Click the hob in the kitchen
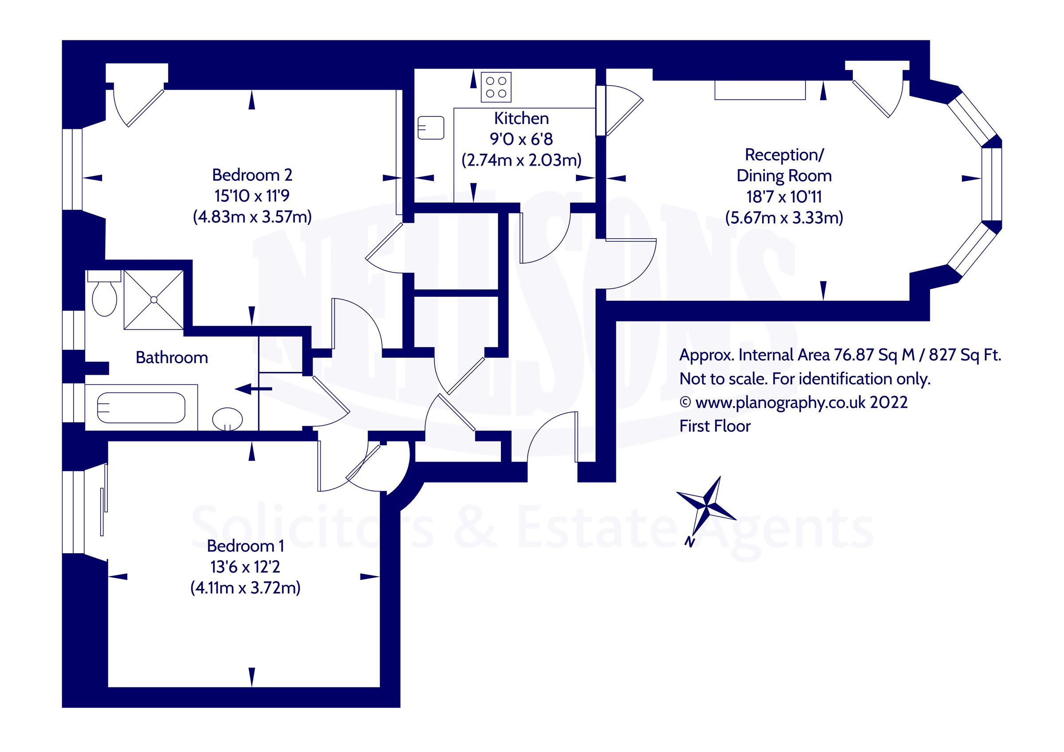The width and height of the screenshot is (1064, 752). (496, 87)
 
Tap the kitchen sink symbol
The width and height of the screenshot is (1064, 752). (430, 128)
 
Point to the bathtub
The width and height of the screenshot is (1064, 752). (141, 407)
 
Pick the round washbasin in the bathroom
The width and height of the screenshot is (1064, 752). (227, 419)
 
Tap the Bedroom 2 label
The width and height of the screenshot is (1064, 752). (252, 175)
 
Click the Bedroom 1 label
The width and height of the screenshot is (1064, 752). (245, 546)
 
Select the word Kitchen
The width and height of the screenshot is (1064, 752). (521, 119)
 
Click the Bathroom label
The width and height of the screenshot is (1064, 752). (172, 357)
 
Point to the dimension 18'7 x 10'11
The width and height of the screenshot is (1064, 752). (784, 197)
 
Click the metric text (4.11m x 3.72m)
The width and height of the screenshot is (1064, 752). (245, 588)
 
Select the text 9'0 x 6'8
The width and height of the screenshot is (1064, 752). (521, 139)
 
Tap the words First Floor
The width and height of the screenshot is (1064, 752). (715, 426)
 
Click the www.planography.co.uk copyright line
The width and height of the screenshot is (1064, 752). (793, 403)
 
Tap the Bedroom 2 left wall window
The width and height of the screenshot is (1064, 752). (73, 169)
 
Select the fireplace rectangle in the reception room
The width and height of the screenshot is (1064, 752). (759, 90)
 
